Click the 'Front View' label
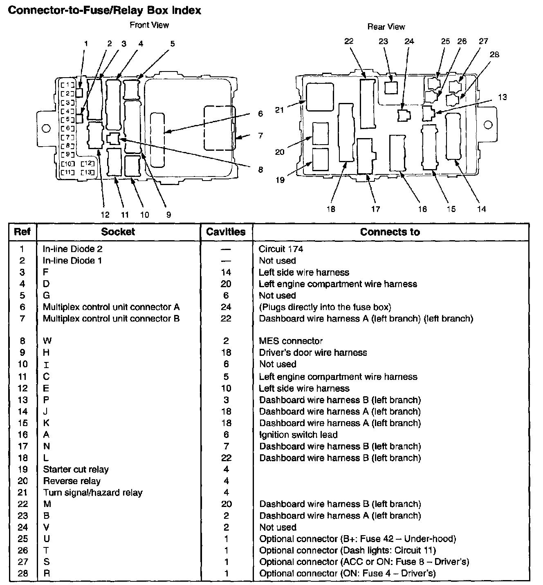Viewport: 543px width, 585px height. (x=149, y=25)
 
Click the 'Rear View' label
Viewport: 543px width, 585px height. (x=386, y=27)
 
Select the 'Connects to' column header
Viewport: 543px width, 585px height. (x=390, y=232)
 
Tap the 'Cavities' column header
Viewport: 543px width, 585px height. (x=226, y=232)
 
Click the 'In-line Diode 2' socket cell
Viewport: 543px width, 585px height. (x=72, y=249)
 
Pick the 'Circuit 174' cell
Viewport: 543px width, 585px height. (x=281, y=249)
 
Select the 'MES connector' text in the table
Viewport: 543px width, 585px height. (x=291, y=341)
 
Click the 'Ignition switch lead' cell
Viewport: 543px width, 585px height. (x=298, y=435)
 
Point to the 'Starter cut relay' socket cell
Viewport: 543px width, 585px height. (x=76, y=469)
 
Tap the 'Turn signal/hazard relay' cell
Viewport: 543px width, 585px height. (x=93, y=493)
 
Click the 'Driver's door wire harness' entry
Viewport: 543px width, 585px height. (x=313, y=353)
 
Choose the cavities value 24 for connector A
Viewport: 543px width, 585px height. (x=226, y=307)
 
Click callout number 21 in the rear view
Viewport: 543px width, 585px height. (x=280, y=110)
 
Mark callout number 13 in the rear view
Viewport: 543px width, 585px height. (x=502, y=97)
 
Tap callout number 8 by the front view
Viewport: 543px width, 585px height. (x=260, y=170)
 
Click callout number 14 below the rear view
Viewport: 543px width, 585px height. (x=482, y=209)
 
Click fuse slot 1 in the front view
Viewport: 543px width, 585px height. (x=68, y=85)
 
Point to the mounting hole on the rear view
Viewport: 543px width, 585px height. (x=487, y=125)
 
